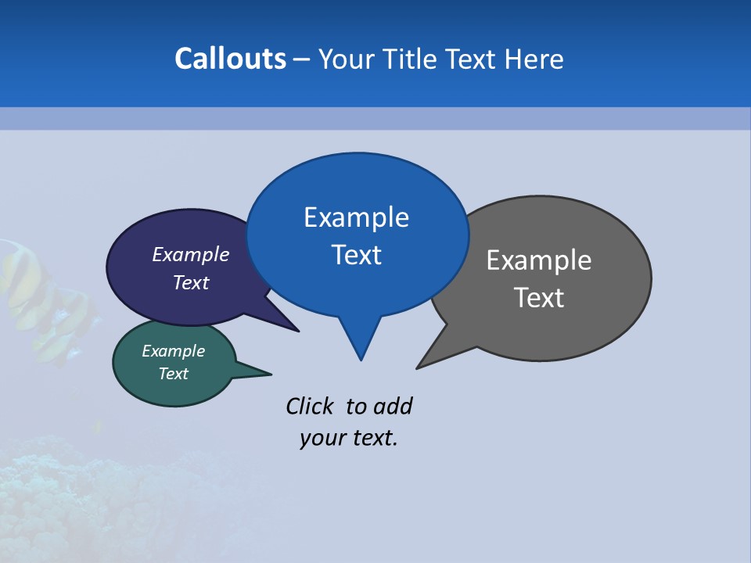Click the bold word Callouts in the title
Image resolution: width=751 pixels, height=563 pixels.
(x=230, y=59)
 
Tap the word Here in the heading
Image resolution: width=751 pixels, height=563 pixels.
(x=534, y=59)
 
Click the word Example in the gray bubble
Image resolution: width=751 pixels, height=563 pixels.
(x=539, y=260)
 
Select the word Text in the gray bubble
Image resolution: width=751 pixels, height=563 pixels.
(x=539, y=298)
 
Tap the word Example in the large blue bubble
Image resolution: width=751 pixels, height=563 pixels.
(x=356, y=217)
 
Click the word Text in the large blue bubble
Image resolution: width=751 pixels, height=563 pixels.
(x=356, y=255)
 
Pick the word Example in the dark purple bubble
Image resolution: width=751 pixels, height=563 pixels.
(x=190, y=255)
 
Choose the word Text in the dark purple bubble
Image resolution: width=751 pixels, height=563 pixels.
(x=190, y=282)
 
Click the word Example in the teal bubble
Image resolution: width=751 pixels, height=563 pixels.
(x=173, y=352)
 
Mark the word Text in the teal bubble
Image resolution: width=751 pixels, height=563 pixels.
(x=173, y=374)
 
